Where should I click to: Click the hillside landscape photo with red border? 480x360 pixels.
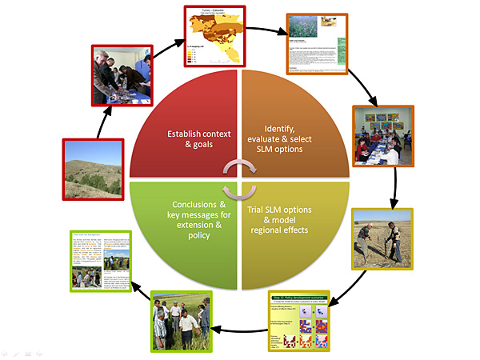(x=93, y=169)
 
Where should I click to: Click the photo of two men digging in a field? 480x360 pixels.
(x=382, y=238)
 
